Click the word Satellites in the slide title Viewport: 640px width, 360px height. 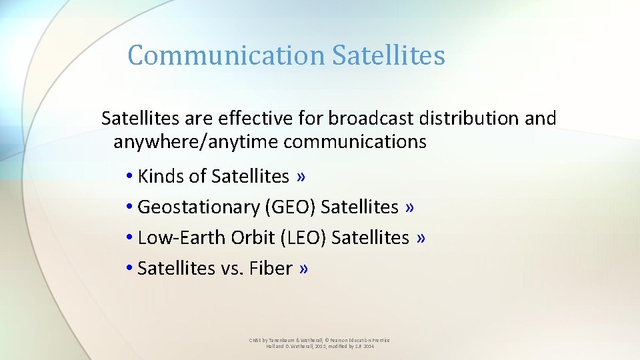coord(388,55)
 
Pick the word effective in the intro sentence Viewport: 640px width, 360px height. coord(241,119)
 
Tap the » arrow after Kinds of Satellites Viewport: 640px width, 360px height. coord(302,176)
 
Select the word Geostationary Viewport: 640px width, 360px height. coord(199,207)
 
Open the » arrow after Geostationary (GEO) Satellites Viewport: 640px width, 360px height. coord(409,207)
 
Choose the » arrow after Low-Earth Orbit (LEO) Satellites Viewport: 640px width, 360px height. coord(420,237)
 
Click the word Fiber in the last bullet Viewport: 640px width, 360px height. coord(271,268)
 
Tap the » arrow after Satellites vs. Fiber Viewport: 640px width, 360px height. coord(304,268)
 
